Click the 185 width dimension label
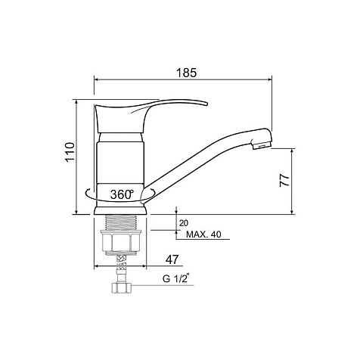coord(186,73)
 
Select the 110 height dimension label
coord(70,152)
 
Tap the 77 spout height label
coord(284,180)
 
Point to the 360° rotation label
coord(122,194)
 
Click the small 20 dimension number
coord(184,223)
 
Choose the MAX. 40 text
coord(203,234)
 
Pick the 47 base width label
coord(172,259)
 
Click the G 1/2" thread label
coord(176,279)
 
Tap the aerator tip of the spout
coord(262,146)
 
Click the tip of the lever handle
coord(206,104)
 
